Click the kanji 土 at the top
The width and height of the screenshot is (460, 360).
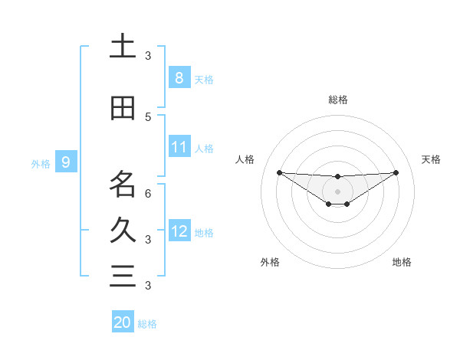[x=123, y=47]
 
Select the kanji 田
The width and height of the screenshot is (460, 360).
[x=123, y=108]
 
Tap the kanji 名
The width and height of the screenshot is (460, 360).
[x=123, y=184]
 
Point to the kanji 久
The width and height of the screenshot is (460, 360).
[x=123, y=230]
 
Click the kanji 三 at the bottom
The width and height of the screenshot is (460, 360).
[x=123, y=276]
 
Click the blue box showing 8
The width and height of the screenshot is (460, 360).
[x=179, y=78]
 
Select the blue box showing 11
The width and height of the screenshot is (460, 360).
[x=179, y=147]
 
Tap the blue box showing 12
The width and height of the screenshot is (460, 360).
[x=179, y=231]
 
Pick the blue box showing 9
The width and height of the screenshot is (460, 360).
[x=66, y=162]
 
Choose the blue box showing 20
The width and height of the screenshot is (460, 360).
[x=123, y=322]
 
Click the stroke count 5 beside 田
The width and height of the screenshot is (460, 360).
[x=148, y=116]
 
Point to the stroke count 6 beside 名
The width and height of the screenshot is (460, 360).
[x=148, y=194]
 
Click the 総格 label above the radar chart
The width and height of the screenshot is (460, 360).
[x=337, y=100]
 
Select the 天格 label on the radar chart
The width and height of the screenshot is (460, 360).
[x=432, y=159]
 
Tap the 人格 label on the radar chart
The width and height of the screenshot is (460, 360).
[x=245, y=159]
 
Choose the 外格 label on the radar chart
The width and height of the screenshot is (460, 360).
[x=270, y=262]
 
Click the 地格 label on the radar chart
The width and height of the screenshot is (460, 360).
[x=402, y=262]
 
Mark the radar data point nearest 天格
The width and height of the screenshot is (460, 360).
[x=396, y=172]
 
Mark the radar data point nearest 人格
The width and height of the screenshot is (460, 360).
[x=279, y=172]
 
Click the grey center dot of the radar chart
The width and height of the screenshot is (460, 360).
[x=337, y=191]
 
